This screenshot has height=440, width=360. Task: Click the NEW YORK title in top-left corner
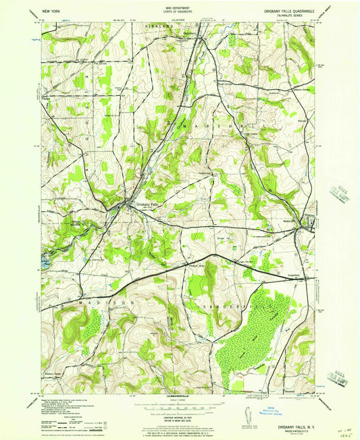pos(51,11)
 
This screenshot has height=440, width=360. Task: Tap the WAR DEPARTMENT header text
pos(179,8)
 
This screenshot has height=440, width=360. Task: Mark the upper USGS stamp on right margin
pos(337,197)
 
